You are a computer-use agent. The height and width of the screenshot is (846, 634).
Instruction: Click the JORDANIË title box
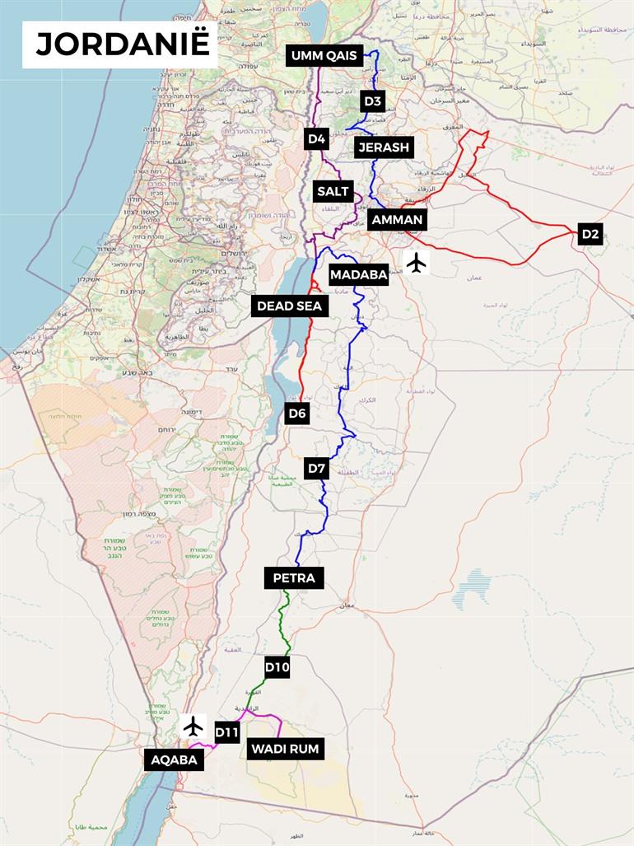(x=120, y=44)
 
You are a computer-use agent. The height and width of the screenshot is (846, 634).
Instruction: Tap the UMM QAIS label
(x=324, y=56)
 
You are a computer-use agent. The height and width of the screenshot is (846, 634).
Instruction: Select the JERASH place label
(x=383, y=147)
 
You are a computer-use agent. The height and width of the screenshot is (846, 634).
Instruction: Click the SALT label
(x=333, y=191)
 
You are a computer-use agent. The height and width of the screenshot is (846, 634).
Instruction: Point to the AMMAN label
(x=397, y=219)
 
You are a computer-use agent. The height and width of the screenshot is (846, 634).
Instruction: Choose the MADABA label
(x=358, y=275)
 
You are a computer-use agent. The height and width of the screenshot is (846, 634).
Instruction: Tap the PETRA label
(x=294, y=577)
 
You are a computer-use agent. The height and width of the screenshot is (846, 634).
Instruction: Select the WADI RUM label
(x=284, y=748)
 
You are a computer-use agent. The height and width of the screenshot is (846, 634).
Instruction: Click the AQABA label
(x=174, y=760)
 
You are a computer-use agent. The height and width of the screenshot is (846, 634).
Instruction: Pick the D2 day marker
(x=590, y=234)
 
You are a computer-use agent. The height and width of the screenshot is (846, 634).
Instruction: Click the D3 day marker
(x=373, y=101)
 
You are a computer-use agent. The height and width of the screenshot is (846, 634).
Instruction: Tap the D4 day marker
(x=317, y=138)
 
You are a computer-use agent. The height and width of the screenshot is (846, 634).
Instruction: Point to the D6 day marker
(x=297, y=414)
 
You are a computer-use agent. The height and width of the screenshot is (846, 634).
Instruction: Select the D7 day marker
(x=317, y=469)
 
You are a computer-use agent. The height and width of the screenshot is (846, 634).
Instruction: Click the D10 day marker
(x=277, y=667)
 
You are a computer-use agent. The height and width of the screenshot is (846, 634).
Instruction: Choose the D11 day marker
(x=226, y=731)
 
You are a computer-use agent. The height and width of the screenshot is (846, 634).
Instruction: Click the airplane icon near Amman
(x=417, y=263)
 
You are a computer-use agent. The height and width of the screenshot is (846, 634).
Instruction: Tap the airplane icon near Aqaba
(x=193, y=726)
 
